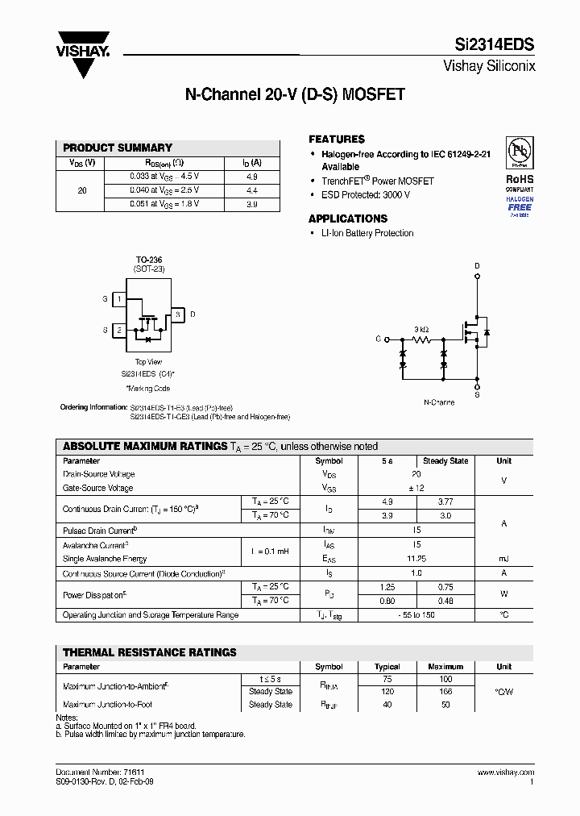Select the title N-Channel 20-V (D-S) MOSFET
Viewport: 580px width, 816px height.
295,95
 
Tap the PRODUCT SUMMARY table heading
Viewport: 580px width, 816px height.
118,148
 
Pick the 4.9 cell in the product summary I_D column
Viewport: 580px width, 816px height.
251,176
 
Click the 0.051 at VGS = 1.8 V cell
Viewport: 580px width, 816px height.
164,204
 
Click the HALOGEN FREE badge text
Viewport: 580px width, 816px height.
519,204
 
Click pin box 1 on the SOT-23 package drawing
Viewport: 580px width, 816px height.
118,299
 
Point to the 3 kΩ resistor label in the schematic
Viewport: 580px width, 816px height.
421,330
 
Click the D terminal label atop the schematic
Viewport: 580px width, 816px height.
477,265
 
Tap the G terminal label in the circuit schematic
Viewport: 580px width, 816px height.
378,339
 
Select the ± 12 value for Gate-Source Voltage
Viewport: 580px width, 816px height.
416,488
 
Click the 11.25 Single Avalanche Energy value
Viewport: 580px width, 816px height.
416,558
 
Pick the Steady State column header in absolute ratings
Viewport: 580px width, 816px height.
445,461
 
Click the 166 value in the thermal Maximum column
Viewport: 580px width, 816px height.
445,692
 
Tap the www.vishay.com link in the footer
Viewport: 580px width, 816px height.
505,772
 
